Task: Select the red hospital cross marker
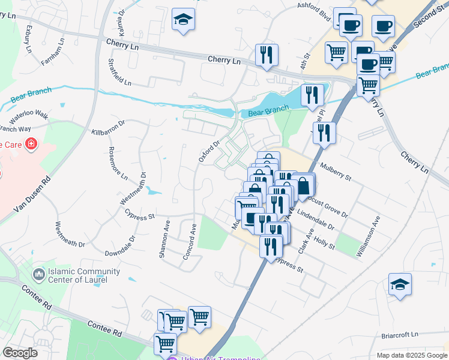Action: (x=30, y=145)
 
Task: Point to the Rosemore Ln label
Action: (x=118, y=163)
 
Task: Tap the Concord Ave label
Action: (x=189, y=243)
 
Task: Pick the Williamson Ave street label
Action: (x=368, y=237)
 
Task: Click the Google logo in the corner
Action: (x=20, y=353)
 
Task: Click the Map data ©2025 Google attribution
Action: (x=412, y=355)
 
